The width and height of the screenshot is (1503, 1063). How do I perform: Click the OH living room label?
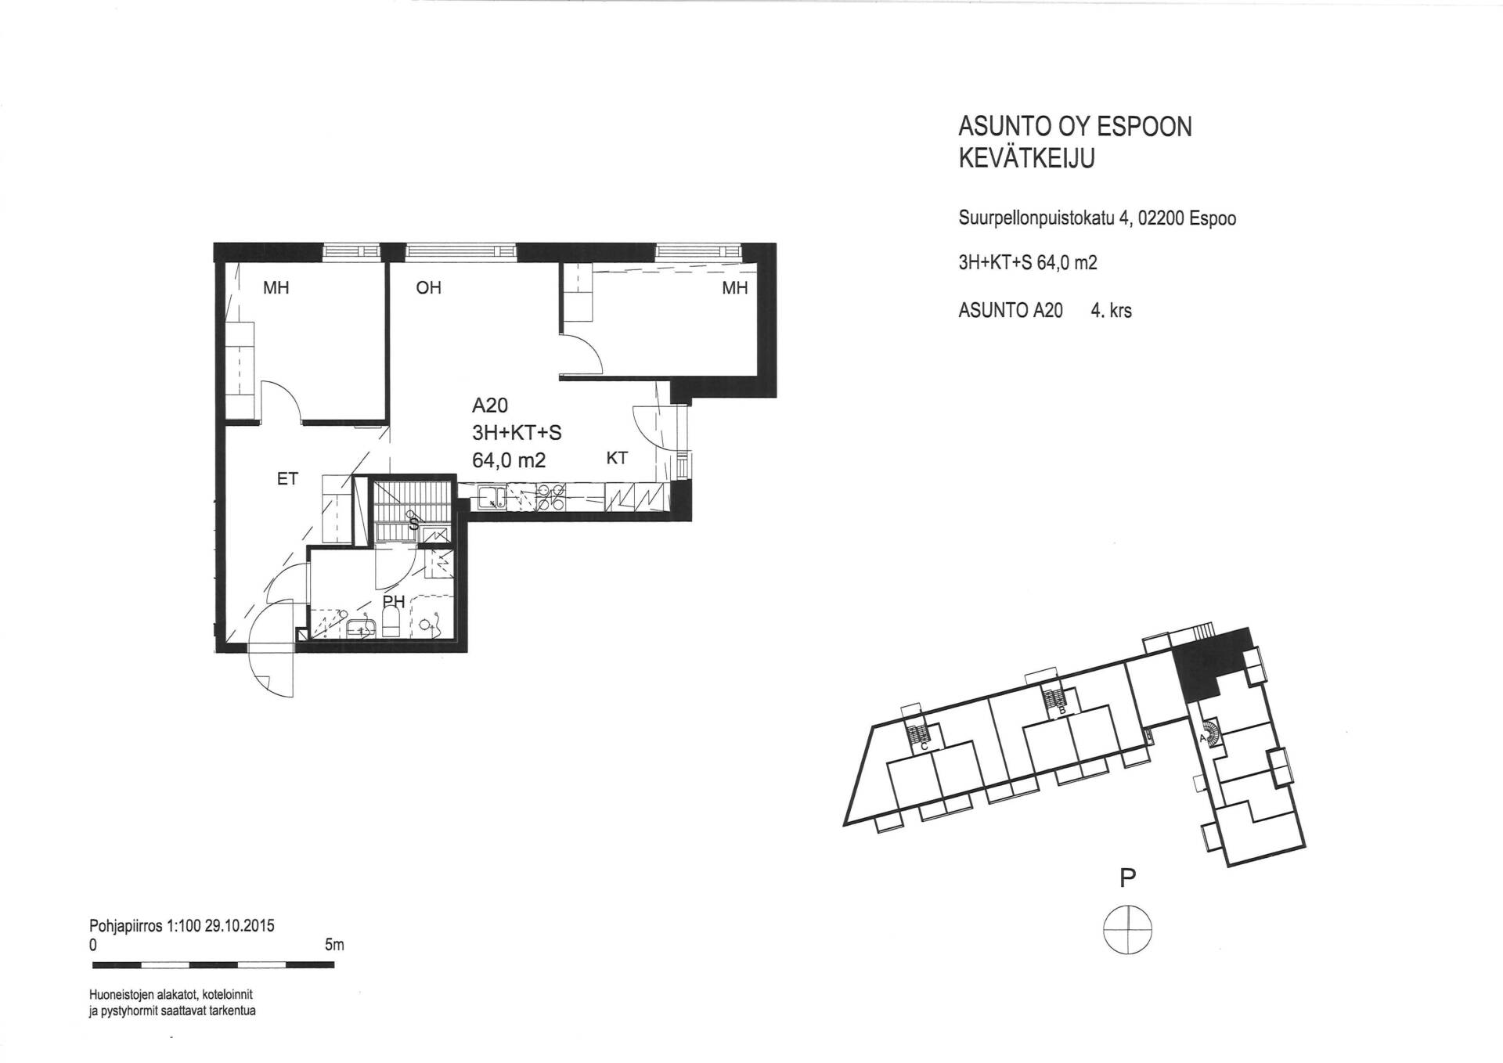(x=429, y=288)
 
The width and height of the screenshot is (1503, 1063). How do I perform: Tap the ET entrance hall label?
(x=287, y=478)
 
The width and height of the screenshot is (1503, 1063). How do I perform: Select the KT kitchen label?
(x=617, y=459)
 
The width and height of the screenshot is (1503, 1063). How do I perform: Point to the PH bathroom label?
(x=394, y=601)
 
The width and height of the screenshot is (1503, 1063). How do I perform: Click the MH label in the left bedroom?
(x=276, y=288)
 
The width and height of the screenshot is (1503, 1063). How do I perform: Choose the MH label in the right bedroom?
(x=735, y=288)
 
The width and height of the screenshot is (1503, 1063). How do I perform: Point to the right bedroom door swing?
(x=582, y=352)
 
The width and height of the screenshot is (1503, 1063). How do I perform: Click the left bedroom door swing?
(x=280, y=402)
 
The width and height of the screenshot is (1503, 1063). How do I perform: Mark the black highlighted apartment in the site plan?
(x=1209, y=658)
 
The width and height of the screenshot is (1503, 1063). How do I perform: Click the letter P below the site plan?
(x=1128, y=878)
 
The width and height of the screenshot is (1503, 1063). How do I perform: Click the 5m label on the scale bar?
(x=334, y=945)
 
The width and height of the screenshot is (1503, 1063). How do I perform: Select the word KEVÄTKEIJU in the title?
(x=1027, y=158)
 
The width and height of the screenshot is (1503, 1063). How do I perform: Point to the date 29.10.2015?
(x=240, y=925)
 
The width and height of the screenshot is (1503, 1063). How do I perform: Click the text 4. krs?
(x=1112, y=311)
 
